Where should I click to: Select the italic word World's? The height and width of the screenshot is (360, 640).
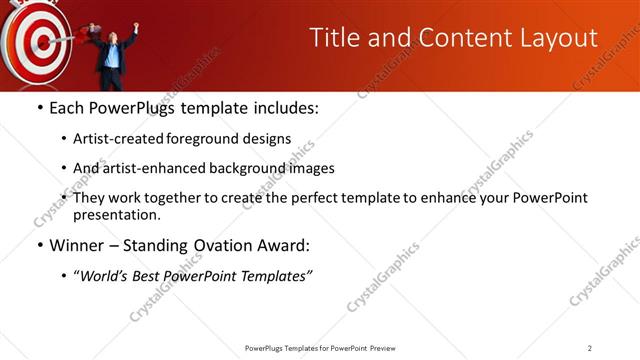[x=106, y=276]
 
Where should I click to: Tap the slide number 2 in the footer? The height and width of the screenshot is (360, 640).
[x=590, y=348]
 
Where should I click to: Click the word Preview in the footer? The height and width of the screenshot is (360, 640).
[x=388, y=348]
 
